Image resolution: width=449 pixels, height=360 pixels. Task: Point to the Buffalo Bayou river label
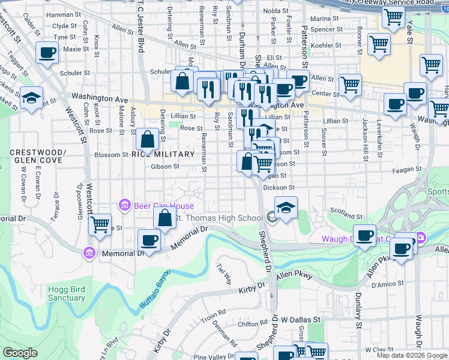tap(155, 289)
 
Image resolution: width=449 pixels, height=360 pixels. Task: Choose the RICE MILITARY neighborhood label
tap(163, 154)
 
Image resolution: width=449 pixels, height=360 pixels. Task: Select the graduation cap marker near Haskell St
tap(31, 97)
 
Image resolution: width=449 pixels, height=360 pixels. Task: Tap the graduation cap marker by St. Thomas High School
tap(286, 208)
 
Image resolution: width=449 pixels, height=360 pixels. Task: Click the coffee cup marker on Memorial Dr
tap(149, 240)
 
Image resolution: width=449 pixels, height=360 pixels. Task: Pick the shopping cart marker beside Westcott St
tap(100, 224)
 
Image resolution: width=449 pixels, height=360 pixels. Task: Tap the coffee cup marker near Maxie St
tap(47, 52)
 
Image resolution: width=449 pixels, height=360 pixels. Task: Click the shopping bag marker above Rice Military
tap(147, 139)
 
